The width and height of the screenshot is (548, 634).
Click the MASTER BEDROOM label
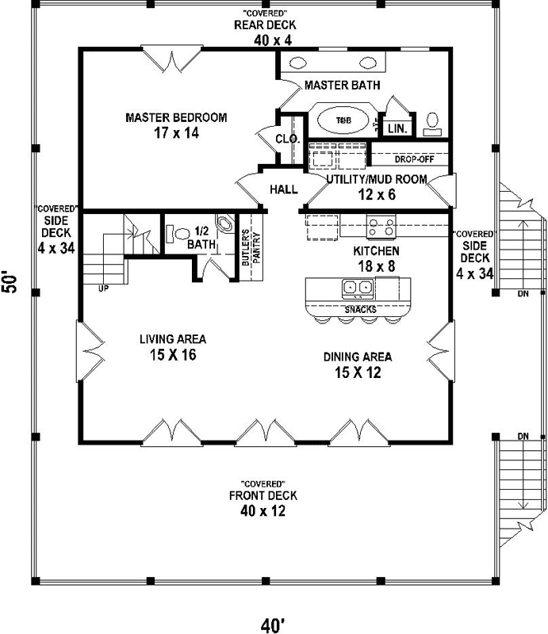[x=176, y=117]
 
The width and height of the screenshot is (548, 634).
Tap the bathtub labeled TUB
[x=343, y=120]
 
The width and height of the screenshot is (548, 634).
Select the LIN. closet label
[x=394, y=128]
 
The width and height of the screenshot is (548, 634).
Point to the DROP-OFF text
[x=408, y=158]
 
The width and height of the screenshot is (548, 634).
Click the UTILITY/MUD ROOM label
[x=377, y=179]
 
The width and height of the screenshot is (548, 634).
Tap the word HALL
[x=283, y=189]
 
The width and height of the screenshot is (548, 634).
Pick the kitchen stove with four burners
[x=381, y=228]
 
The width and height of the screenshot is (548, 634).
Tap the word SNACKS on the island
[x=360, y=309]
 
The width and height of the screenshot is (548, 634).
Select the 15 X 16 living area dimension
[x=167, y=355]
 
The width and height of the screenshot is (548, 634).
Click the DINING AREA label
[x=357, y=357]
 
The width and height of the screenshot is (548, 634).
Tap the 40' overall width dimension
[x=272, y=625]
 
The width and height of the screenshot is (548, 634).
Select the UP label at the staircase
[x=104, y=288]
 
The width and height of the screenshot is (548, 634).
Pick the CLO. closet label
[x=285, y=139]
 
